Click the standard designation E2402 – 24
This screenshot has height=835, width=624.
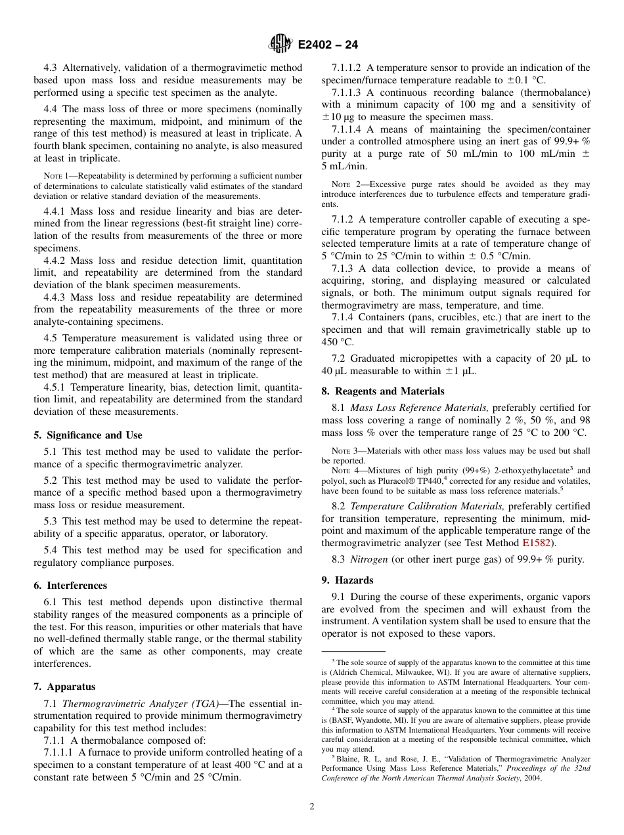point(327,45)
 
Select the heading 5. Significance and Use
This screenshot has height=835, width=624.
point(88,435)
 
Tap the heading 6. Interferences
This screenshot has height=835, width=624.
point(70,586)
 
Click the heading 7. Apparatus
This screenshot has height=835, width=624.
point(64,687)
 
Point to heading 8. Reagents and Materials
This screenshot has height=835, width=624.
point(382,391)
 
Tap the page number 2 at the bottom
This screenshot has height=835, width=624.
point(312,807)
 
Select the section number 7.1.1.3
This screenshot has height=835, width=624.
point(347,93)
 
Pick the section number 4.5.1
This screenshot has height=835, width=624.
point(55,387)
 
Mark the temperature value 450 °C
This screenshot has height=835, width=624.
point(338,342)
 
